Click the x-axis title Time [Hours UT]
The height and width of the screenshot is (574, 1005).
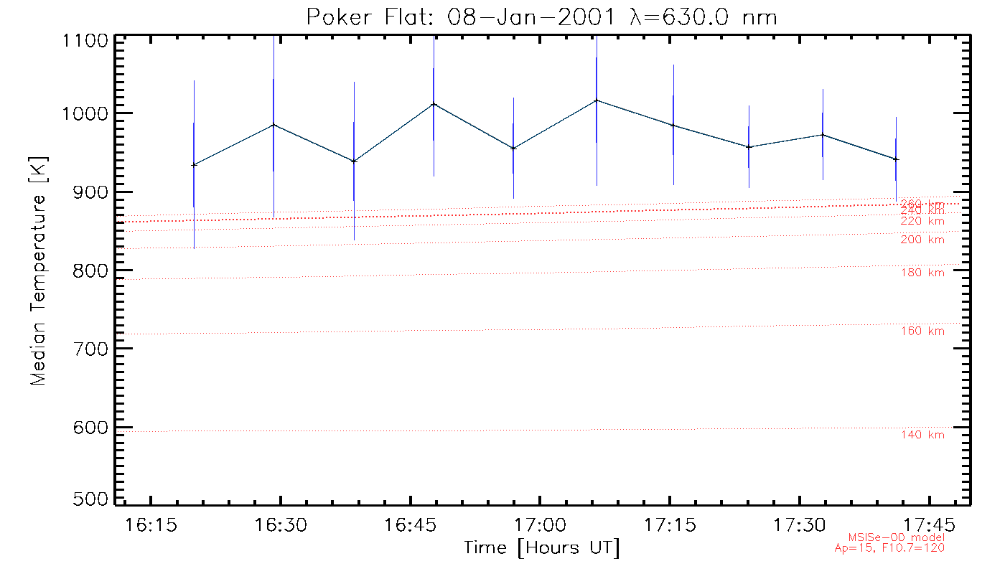542,547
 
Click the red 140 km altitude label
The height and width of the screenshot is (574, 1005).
922,435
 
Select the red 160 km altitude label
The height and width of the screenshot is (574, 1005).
922,331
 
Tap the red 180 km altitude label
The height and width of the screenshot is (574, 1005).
922,273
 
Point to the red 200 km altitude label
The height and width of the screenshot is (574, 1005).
922,240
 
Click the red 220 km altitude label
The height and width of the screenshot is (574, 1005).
922,221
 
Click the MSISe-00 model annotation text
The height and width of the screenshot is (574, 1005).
897,537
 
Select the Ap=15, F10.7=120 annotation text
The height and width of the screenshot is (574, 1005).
889,548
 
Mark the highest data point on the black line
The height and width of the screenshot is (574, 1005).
597,100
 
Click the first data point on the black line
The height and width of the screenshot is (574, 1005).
194,165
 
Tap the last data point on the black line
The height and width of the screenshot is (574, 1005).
896,159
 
